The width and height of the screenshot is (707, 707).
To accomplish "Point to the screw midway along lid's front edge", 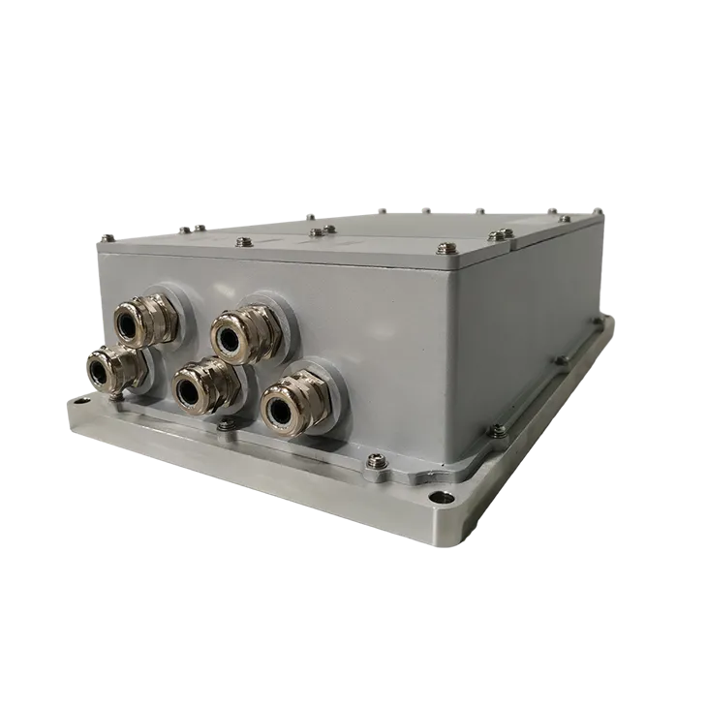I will (316, 232).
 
